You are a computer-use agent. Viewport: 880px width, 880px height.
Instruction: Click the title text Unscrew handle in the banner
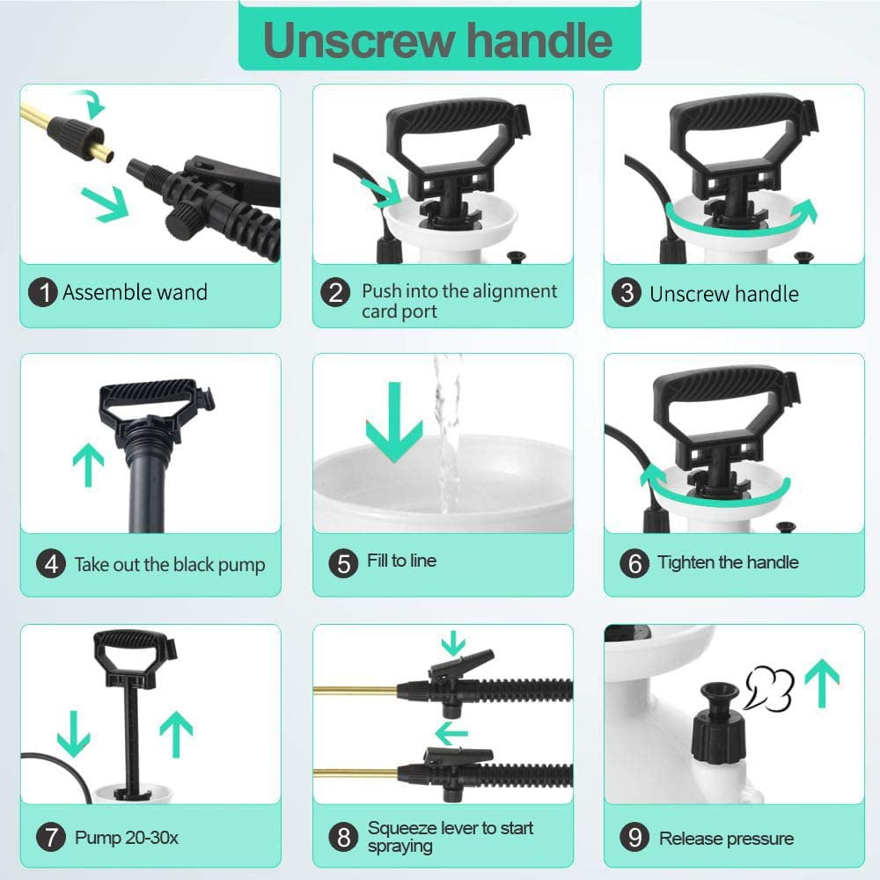point(437,40)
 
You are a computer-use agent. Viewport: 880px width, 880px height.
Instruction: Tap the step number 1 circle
point(42,292)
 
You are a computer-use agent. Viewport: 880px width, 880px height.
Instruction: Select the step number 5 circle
point(343,563)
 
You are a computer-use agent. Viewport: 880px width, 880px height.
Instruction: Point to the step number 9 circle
point(634,838)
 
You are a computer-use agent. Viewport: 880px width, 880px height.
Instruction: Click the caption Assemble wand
point(135,292)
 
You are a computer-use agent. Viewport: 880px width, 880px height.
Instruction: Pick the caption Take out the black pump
point(170,565)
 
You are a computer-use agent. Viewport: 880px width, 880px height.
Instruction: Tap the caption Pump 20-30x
point(126,838)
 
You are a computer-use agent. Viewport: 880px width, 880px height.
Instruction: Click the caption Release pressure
point(726,838)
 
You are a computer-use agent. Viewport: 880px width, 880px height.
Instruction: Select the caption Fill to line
point(402,560)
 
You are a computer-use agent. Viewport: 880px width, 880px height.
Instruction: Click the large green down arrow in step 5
point(394,422)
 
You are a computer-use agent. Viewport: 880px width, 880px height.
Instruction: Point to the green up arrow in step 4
point(88,465)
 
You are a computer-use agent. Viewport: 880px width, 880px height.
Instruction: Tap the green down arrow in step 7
point(74,734)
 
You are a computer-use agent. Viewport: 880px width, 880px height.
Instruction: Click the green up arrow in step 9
point(822,683)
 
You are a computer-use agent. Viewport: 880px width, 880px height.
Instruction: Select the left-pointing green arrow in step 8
point(451,733)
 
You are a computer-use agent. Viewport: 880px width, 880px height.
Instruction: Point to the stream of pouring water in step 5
point(447,433)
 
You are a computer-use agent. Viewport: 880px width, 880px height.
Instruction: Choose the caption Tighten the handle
point(728,561)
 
